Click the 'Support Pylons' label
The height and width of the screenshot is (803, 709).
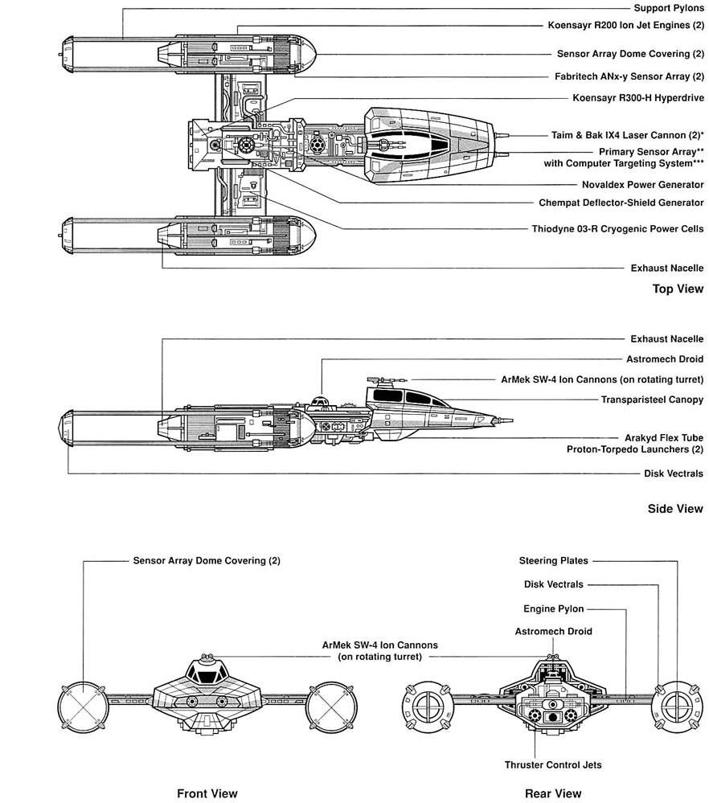(669, 8)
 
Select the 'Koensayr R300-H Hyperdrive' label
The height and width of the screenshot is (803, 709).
(638, 98)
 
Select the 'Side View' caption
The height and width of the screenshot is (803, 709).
(676, 508)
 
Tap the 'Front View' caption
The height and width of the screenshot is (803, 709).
(207, 793)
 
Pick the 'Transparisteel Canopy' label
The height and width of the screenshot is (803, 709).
(652, 399)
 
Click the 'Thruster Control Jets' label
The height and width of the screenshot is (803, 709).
(553, 764)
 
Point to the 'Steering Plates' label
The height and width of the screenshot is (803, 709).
(553, 560)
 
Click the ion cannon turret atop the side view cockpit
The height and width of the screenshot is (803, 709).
(378, 378)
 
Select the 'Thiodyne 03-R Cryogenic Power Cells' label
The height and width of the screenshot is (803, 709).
(617, 228)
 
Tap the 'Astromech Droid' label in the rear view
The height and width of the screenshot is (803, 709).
(553, 631)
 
